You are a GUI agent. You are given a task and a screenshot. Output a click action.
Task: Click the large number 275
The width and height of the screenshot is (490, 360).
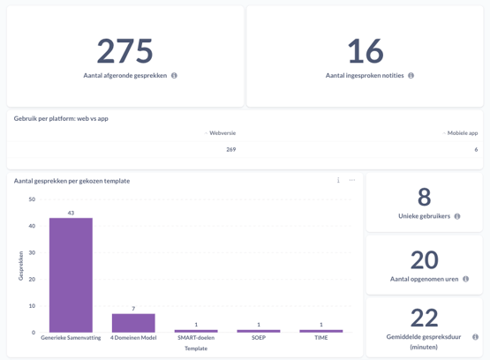point(124,51)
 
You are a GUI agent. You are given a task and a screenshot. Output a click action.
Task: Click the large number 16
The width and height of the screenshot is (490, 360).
point(365,51)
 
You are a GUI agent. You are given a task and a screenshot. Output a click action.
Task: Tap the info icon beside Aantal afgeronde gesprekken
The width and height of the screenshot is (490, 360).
point(174,76)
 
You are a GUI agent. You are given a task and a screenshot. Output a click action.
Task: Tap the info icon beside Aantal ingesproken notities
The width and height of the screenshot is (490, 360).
point(411,76)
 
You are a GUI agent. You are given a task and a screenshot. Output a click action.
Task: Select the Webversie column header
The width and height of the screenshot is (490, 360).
point(222,133)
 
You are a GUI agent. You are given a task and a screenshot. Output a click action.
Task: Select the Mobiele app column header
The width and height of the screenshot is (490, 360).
point(462,133)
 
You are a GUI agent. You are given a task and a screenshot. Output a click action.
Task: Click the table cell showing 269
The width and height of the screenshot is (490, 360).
point(230,150)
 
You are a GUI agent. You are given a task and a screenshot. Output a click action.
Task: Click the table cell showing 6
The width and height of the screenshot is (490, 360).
point(476,150)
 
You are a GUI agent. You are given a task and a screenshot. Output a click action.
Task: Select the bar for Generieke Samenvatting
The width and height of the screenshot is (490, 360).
point(71,274)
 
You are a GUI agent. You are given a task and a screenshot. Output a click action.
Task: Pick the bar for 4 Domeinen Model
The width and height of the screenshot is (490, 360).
point(133,323)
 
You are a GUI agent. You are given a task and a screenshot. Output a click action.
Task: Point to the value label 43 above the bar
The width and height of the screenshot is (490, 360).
point(71,213)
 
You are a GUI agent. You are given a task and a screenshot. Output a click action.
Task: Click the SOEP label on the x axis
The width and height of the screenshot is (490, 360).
point(259,338)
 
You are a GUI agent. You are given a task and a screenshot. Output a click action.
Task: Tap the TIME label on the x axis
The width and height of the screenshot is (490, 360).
point(320,338)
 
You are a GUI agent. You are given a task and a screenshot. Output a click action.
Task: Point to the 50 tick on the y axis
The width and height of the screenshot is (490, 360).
point(32,199)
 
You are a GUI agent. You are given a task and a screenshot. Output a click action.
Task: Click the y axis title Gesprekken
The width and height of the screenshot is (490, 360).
point(20,266)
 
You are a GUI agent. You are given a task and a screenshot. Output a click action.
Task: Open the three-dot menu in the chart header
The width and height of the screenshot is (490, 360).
point(351,180)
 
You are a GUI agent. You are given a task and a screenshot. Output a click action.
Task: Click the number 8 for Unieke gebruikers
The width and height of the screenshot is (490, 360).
point(424,197)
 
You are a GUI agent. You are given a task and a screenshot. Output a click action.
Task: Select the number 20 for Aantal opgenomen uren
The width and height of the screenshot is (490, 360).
point(424,259)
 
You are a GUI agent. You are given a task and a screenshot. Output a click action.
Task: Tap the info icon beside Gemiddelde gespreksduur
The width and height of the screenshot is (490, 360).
point(475,337)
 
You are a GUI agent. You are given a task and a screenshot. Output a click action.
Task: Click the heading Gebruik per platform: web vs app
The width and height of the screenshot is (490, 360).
point(61,118)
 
